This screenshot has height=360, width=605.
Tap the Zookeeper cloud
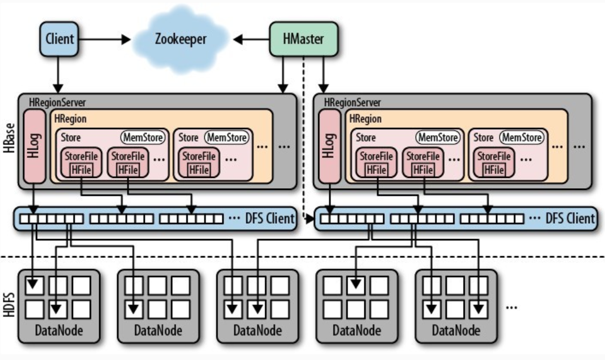click(180, 39)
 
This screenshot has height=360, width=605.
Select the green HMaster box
click(304, 39)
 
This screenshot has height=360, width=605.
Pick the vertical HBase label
click(8, 140)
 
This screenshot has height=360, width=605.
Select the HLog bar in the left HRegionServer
click(35, 146)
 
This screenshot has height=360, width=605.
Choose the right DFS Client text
click(570, 218)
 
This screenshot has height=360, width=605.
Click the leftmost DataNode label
click(59, 330)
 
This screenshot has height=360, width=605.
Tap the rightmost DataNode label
click(456, 330)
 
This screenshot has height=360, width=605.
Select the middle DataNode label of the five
click(257, 330)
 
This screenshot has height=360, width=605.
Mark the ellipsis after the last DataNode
click(511, 307)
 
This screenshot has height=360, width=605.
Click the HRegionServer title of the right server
click(352, 103)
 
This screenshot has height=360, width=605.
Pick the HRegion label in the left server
click(71, 119)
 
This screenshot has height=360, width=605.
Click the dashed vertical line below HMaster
click(304, 143)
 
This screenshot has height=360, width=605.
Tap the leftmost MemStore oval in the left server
click(143, 137)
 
